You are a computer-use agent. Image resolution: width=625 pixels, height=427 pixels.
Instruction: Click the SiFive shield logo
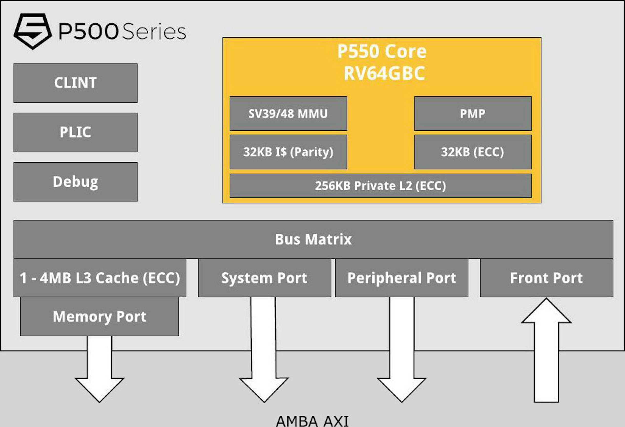point(32,31)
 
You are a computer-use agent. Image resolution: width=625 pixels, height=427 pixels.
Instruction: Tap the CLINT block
point(75,83)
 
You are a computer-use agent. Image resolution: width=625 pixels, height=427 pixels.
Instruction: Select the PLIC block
point(75,132)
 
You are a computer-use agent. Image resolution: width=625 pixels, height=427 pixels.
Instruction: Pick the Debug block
point(75,182)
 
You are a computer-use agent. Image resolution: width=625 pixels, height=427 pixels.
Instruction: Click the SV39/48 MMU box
point(288,114)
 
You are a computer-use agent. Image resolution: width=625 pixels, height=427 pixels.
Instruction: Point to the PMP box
point(472,114)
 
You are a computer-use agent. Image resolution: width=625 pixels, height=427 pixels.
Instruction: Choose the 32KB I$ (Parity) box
point(288,152)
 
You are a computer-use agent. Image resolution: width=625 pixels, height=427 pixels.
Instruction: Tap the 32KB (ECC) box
point(472,152)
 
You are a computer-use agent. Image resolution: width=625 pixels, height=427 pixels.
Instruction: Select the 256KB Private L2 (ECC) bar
point(380,186)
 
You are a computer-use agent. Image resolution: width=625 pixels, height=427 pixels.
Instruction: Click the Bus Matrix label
point(313,239)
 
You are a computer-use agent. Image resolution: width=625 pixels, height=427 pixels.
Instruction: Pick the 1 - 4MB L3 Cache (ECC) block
point(100,278)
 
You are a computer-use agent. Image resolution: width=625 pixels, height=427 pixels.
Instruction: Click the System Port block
point(264,278)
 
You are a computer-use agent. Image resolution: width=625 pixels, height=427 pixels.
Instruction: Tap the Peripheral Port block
point(402,278)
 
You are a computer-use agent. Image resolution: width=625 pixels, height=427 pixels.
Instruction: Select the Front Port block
point(546,278)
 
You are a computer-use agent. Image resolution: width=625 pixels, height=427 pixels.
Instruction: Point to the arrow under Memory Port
point(99,371)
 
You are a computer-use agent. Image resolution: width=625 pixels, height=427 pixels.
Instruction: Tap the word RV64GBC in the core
point(384,73)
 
